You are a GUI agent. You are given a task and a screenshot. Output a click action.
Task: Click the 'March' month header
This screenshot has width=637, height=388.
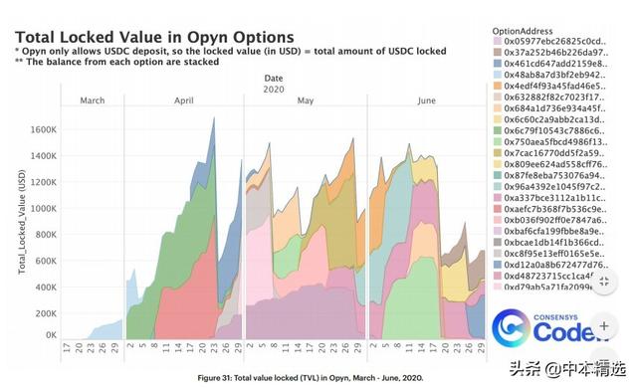[x=92, y=100]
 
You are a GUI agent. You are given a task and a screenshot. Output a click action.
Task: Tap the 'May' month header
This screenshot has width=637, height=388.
[x=306, y=100]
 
